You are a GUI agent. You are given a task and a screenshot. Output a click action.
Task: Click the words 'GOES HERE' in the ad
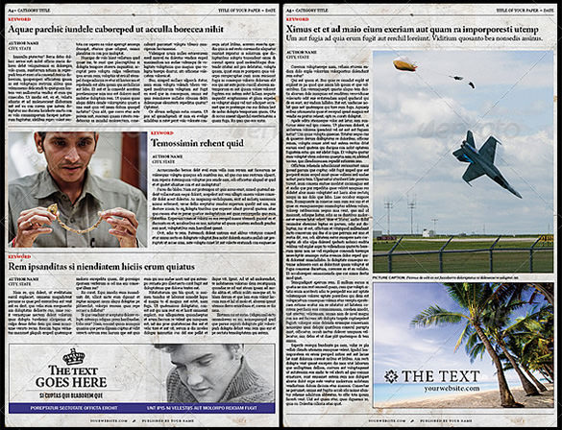(x=72, y=383)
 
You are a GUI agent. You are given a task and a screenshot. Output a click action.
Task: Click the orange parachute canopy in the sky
(x=403, y=65)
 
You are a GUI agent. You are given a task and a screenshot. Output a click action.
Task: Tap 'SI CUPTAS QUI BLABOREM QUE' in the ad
(x=73, y=394)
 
